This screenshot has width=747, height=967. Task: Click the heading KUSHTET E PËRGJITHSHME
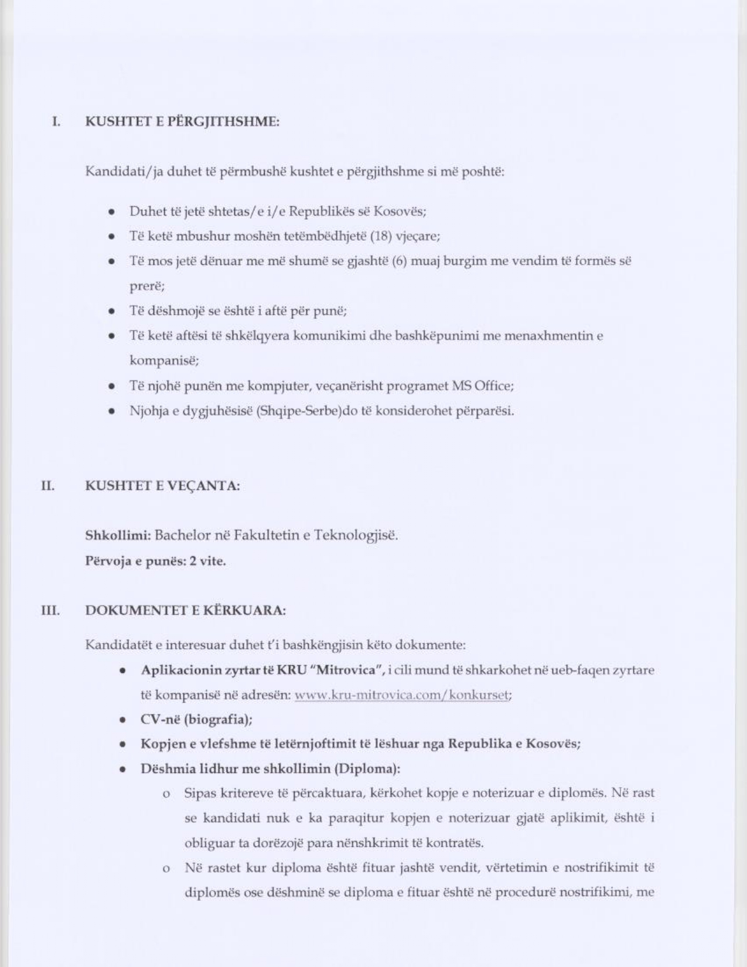point(182,122)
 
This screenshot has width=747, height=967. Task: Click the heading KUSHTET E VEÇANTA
point(162,486)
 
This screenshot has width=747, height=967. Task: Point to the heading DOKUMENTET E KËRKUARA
point(185,611)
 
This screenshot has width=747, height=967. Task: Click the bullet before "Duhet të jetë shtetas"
point(111,212)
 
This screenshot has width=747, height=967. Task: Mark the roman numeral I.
point(56,122)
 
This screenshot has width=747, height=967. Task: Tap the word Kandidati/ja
point(124,172)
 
